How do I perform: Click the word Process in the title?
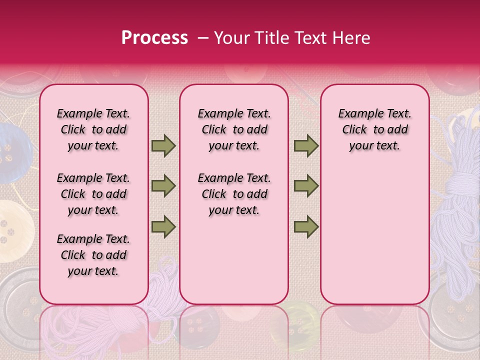click(x=154, y=38)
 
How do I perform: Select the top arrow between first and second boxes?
click(x=163, y=145)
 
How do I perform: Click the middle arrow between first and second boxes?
click(x=163, y=186)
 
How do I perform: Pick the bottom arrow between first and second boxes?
click(x=163, y=226)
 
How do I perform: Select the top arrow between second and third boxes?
click(x=306, y=145)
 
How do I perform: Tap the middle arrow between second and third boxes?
click(x=306, y=186)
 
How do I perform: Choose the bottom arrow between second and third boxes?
click(x=306, y=226)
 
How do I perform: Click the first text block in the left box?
click(x=93, y=129)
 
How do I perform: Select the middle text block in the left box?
click(x=93, y=194)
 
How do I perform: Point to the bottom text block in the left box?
click(x=93, y=255)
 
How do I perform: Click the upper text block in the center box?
click(x=234, y=129)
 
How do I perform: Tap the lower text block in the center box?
click(x=234, y=194)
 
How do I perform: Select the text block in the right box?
click(x=374, y=129)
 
